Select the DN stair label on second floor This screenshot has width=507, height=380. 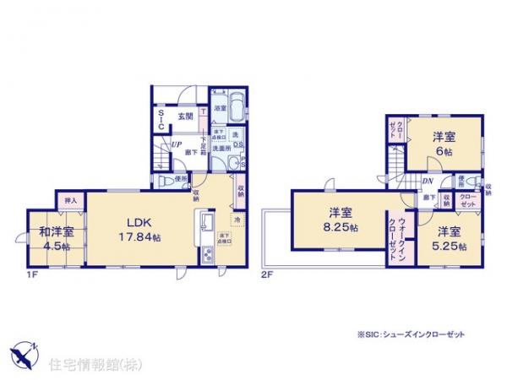428,180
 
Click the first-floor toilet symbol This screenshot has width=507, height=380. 177,181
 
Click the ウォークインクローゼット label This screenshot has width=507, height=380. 397,237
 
